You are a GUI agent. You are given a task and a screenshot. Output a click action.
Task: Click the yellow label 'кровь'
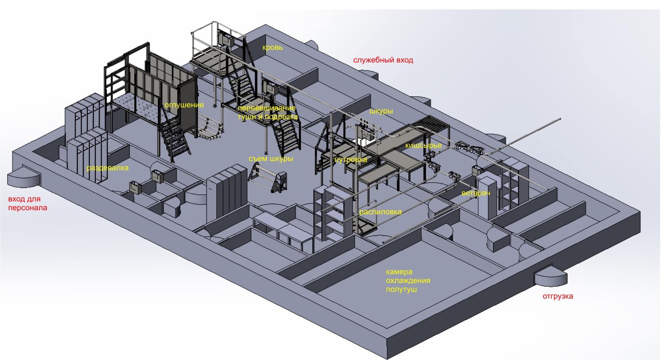[273, 48]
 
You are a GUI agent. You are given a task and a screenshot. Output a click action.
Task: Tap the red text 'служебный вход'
[383, 60]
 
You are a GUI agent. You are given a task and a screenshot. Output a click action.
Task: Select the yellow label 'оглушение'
[184, 105]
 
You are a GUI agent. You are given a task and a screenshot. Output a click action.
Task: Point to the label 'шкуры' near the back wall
[381, 111]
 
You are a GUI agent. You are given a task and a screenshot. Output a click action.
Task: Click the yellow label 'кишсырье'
[423, 145]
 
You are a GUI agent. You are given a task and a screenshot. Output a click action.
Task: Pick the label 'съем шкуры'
[271, 158]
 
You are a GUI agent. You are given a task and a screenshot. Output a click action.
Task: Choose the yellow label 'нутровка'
[350, 160]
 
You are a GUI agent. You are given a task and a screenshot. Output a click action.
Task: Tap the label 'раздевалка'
[108, 168]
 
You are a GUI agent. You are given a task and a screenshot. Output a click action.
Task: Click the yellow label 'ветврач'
[476, 193]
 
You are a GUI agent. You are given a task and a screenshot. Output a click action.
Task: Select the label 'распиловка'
[380, 212]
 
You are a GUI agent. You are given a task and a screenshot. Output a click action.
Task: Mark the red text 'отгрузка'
[558, 296]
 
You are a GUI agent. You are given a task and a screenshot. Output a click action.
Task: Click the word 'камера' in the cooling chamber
[399, 272]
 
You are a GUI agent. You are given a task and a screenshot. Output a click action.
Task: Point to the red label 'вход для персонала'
[28, 203]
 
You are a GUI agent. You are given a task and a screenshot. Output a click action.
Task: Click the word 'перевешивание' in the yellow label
[267, 108]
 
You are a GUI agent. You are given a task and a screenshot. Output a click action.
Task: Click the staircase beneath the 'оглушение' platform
[174, 138]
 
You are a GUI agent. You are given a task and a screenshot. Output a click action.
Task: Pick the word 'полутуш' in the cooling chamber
[401, 289]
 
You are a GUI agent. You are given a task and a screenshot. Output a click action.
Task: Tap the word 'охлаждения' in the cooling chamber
[408, 280]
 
